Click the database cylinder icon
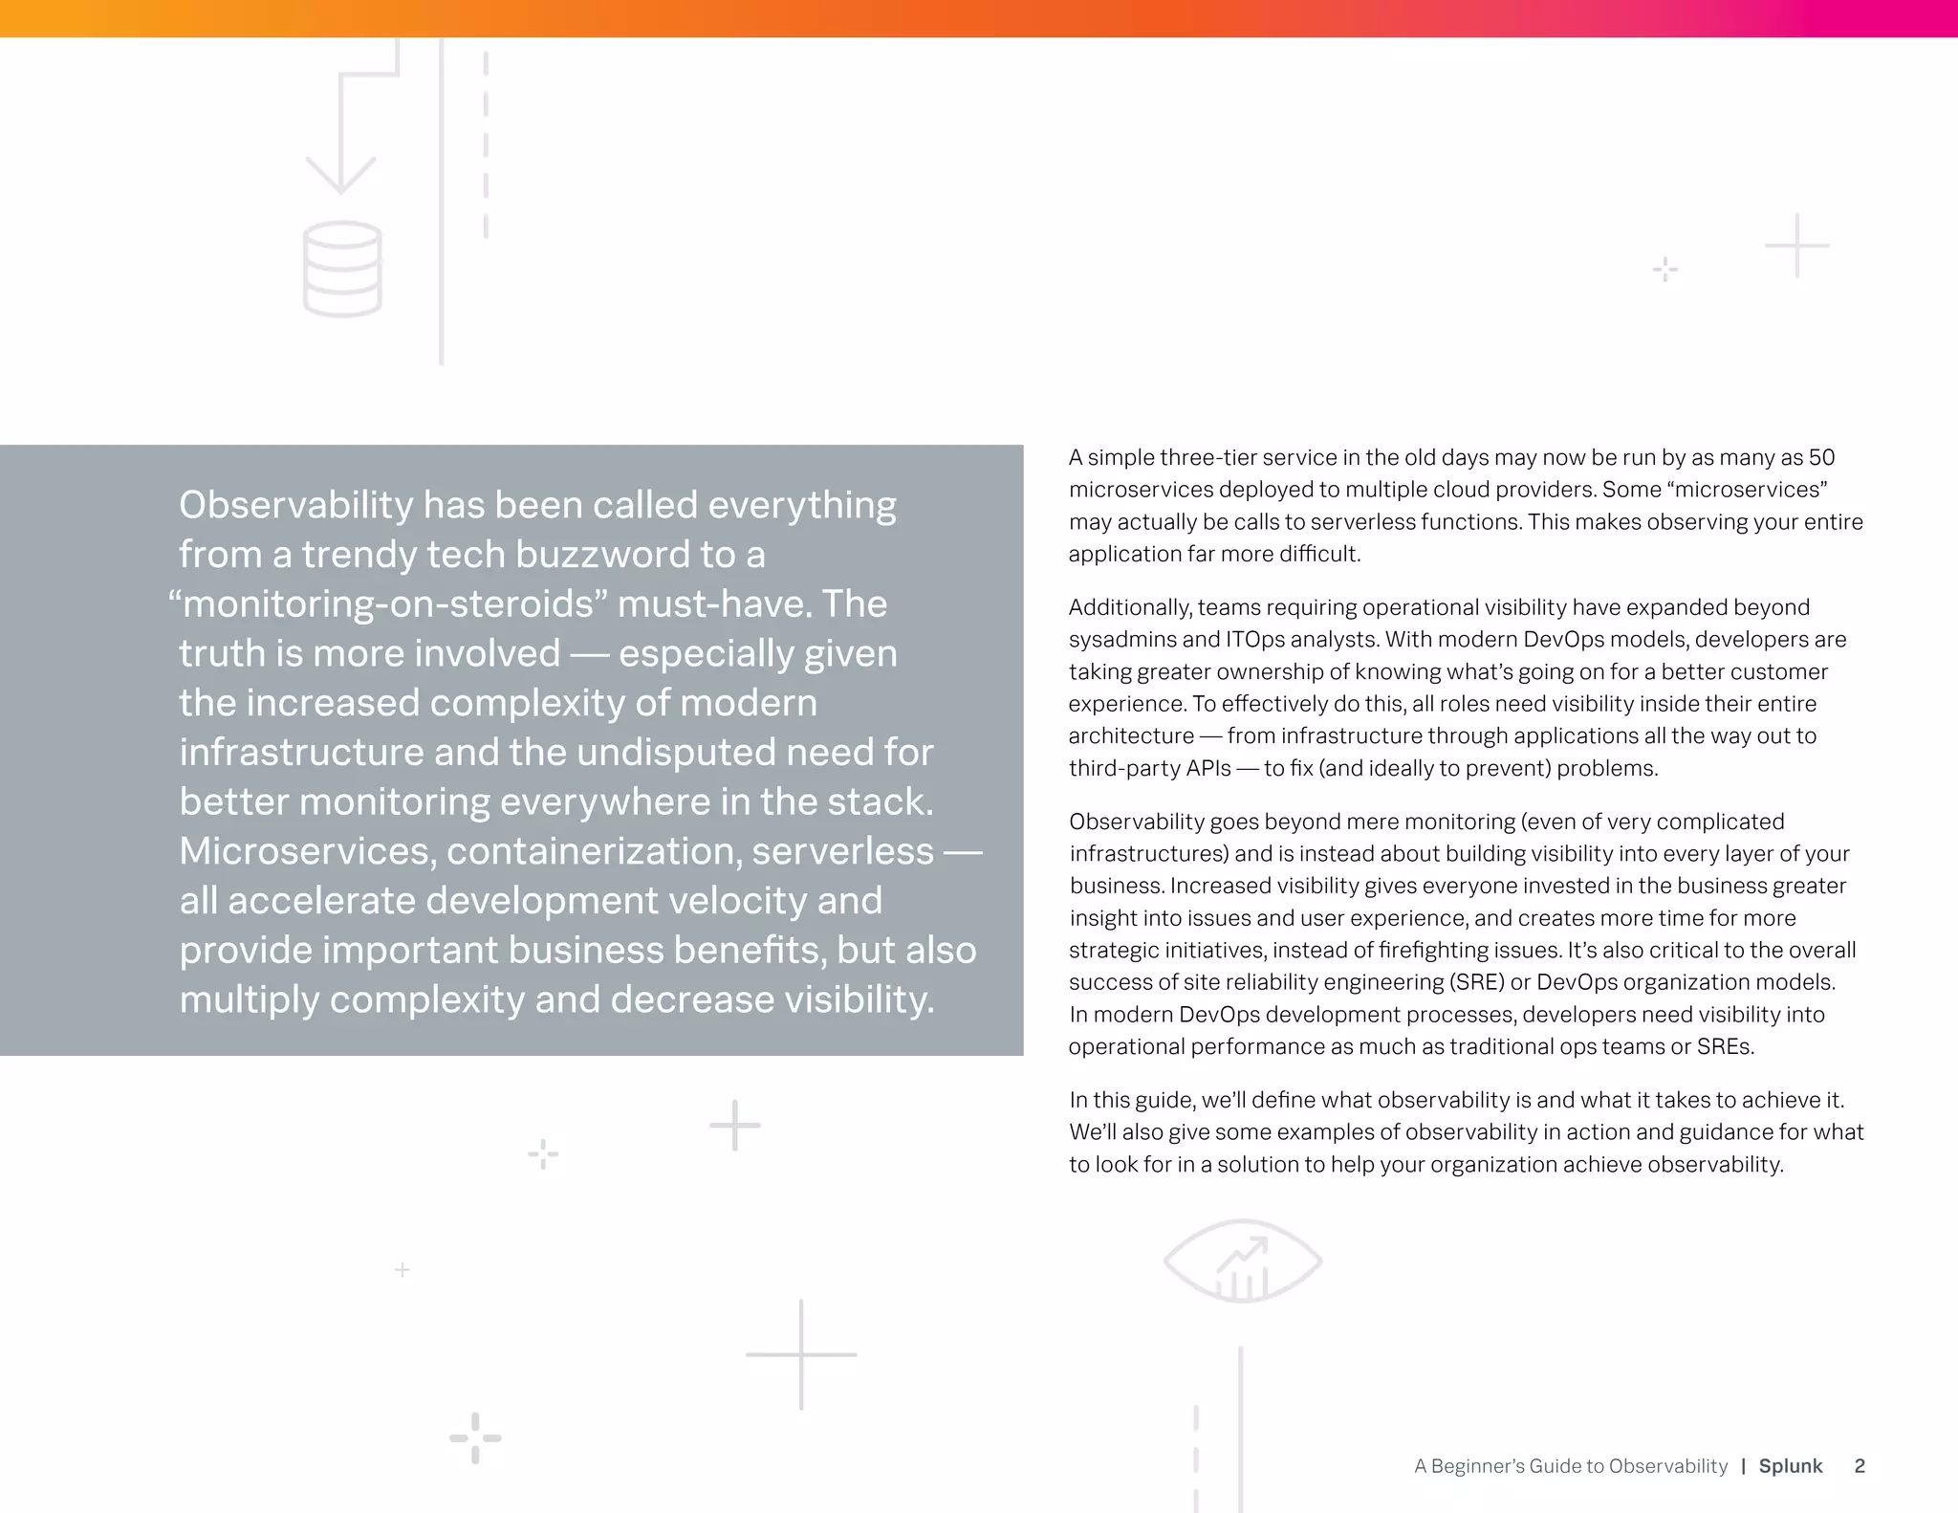pyautogui.click(x=342, y=269)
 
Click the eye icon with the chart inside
pyautogui.click(x=1242, y=1261)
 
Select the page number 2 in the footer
pyautogui.click(x=1859, y=1466)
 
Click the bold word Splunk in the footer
pyautogui.click(x=1790, y=1466)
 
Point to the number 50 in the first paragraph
pyautogui.click(x=1821, y=457)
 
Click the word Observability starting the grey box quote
pyautogui.click(x=295, y=505)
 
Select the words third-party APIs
pyautogui.click(x=1149, y=768)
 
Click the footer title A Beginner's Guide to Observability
pyautogui.click(x=1571, y=1466)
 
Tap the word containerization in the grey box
pyautogui.click(x=594, y=850)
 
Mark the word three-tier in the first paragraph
pyautogui.click(x=1207, y=457)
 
